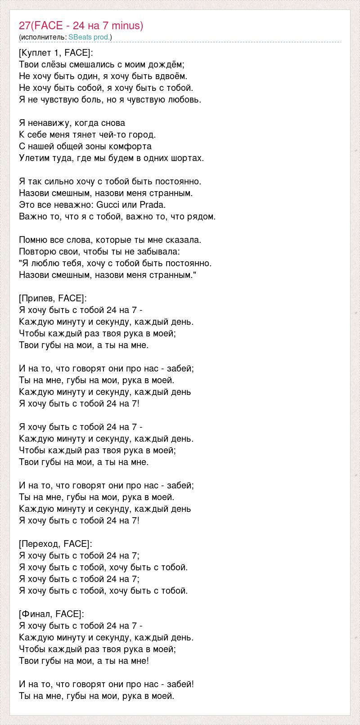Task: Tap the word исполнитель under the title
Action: [43, 37]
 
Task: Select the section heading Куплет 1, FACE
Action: [56, 53]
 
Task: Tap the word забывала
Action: [161, 252]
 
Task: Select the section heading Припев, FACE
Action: [53, 299]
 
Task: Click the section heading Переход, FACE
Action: [55, 544]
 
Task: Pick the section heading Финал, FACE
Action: [51, 614]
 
